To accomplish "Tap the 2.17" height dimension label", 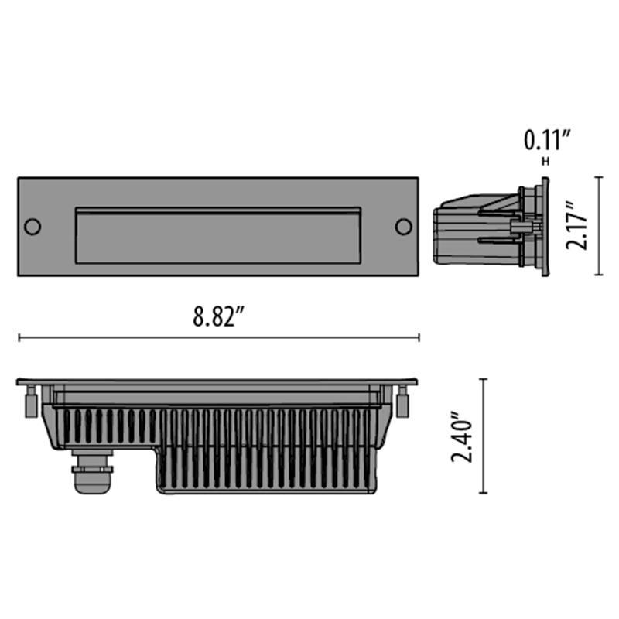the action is point(576,225).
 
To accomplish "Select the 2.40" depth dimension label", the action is point(462,437).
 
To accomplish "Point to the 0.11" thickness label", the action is point(548,140).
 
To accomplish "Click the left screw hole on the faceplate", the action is point(32,227).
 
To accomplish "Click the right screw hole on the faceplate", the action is point(403,227).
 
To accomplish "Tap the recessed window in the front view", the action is point(218,235).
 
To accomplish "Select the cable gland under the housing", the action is point(92,471).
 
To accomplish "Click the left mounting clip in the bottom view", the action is point(31,402).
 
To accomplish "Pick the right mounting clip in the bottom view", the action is point(402,402).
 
